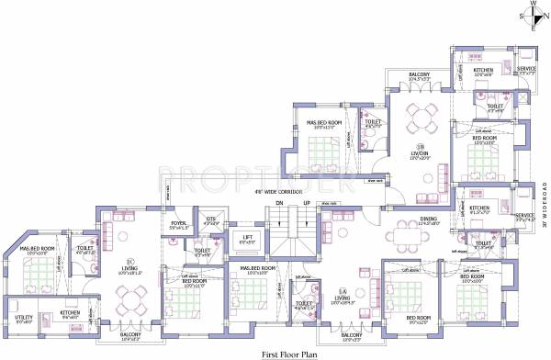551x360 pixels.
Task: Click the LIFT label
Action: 247,237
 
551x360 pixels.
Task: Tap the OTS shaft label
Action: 211,219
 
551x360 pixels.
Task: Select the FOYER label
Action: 178,222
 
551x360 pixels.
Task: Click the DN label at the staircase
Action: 273,204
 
